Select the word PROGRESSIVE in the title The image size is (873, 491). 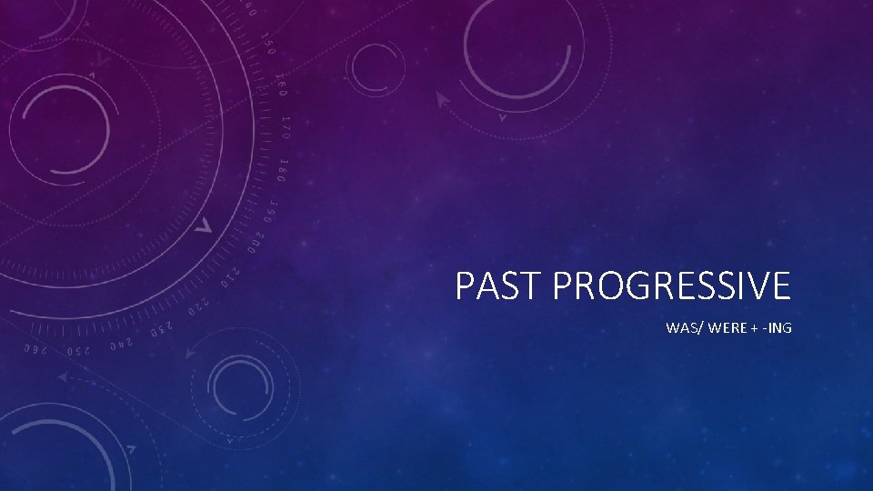671,286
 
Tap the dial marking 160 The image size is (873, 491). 282,84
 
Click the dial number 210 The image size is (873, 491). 233,269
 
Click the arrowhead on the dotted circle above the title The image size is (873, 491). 443,99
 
